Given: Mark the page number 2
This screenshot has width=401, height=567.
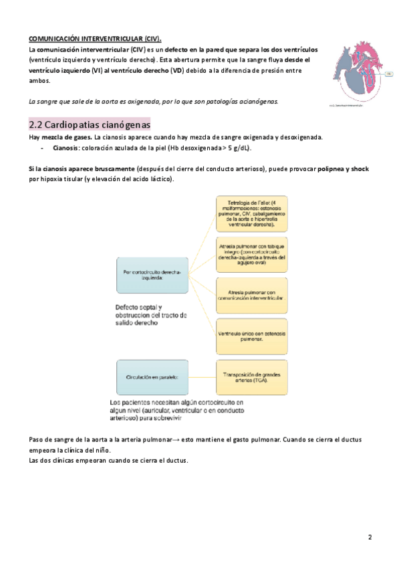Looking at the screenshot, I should click(370, 538).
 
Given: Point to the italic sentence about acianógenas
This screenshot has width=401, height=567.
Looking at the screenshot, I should click(153, 101).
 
